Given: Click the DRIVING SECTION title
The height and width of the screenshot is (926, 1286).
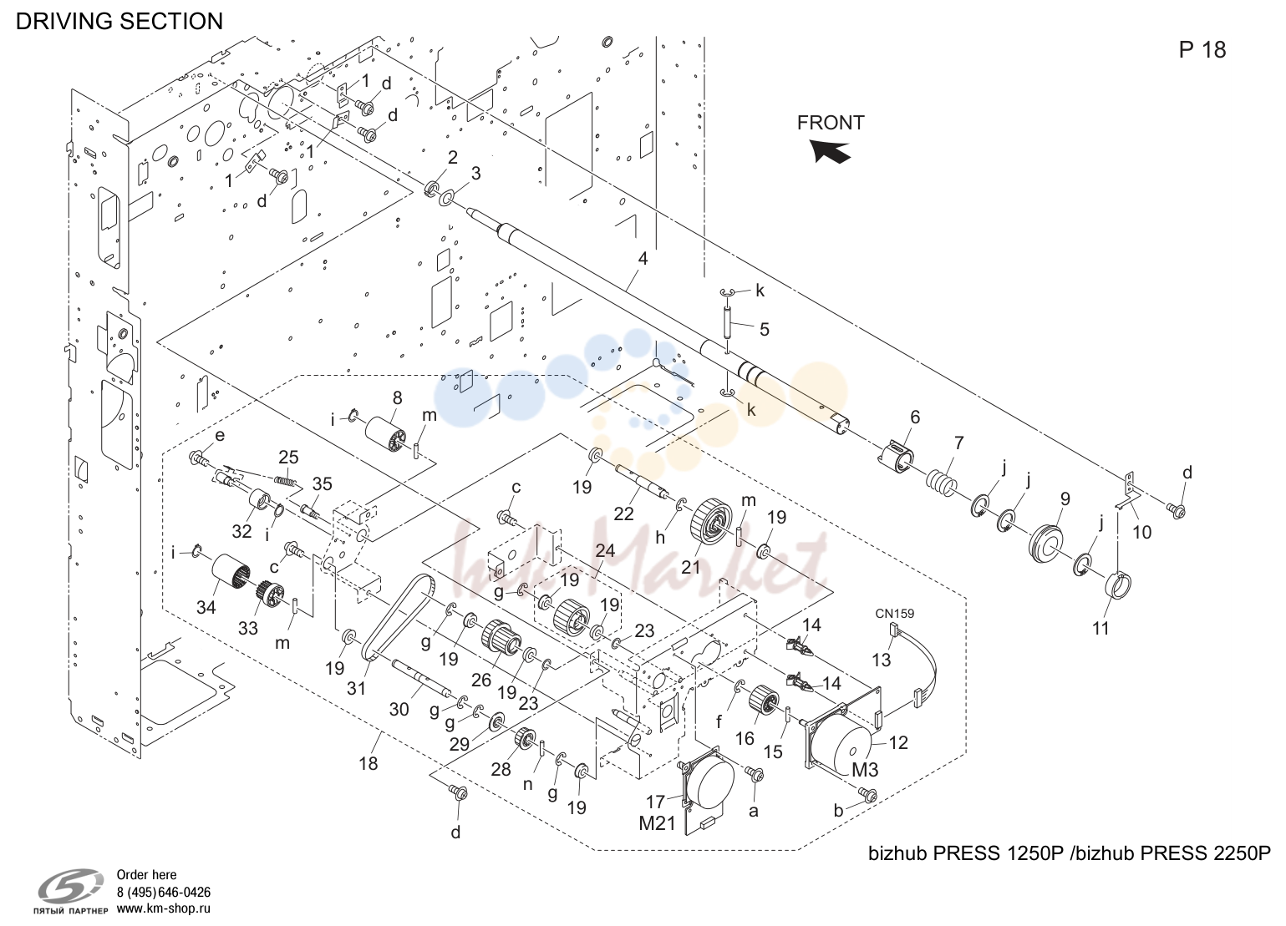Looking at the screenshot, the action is (119, 21).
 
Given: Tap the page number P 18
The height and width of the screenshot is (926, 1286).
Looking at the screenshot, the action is (1202, 50).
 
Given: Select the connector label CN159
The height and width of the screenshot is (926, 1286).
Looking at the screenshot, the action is (894, 614).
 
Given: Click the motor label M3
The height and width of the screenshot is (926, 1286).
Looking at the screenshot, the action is (865, 770).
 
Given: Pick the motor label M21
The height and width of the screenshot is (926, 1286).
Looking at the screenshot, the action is (658, 823).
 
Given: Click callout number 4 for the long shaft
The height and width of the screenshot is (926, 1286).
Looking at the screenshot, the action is (643, 259).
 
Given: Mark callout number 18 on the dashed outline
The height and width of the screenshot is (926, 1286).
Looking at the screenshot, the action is (369, 764).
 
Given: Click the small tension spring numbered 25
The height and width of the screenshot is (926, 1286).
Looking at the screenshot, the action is (286, 479).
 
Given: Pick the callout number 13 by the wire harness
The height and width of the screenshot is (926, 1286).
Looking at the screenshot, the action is (882, 659).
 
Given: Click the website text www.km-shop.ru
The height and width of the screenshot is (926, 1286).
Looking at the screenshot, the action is (164, 908).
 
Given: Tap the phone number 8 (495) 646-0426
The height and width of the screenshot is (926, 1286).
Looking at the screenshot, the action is (164, 892).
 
